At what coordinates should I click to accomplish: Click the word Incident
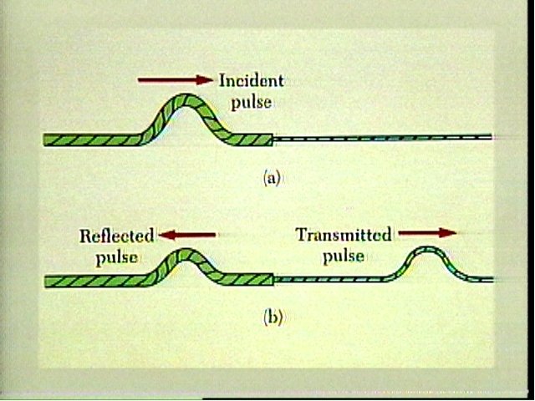(251, 81)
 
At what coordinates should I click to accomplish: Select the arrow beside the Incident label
(176, 80)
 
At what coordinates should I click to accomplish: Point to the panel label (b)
(272, 317)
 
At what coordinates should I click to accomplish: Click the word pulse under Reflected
(116, 256)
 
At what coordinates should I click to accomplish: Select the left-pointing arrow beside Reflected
(189, 235)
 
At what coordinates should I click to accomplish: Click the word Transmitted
(344, 235)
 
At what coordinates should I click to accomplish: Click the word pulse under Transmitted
(344, 256)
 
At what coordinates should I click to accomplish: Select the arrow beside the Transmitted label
(427, 233)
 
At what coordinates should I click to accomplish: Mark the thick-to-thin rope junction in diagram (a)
(273, 139)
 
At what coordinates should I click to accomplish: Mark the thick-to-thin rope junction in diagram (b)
(273, 279)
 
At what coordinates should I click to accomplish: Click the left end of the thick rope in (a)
(45, 140)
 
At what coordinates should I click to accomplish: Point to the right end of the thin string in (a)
(492, 136)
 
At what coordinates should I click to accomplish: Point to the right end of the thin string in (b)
(492, 278)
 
